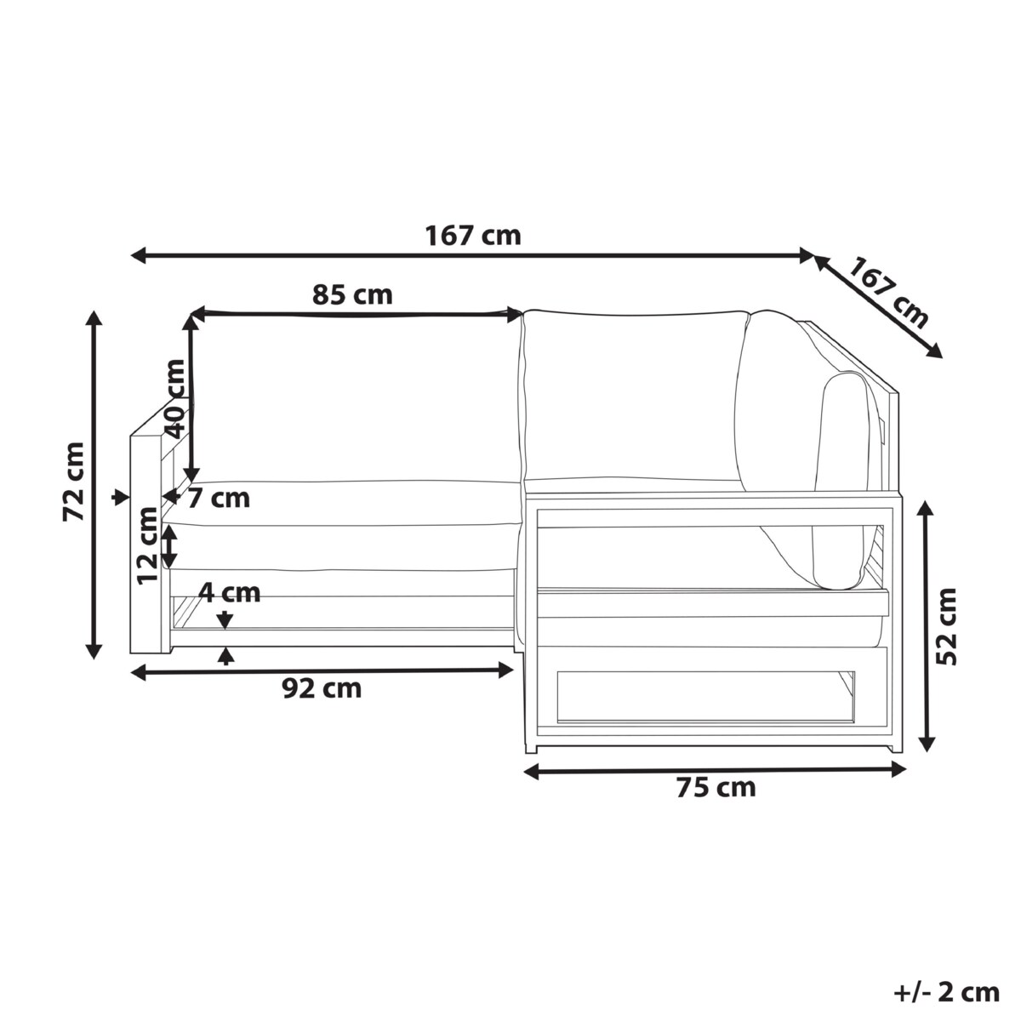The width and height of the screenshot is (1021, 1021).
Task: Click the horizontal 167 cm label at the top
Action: (472, 236)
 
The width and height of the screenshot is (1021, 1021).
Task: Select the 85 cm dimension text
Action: (352, 294)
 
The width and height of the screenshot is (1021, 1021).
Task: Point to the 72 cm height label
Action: (74, 481)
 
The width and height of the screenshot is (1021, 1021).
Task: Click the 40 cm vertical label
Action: (175, 398)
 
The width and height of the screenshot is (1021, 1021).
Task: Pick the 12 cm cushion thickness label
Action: (147, 545)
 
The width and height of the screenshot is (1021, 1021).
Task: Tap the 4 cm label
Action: (229, 593)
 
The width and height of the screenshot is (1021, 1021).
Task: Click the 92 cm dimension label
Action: (322, 689)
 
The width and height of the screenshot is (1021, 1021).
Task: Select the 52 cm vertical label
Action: (946, 626)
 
